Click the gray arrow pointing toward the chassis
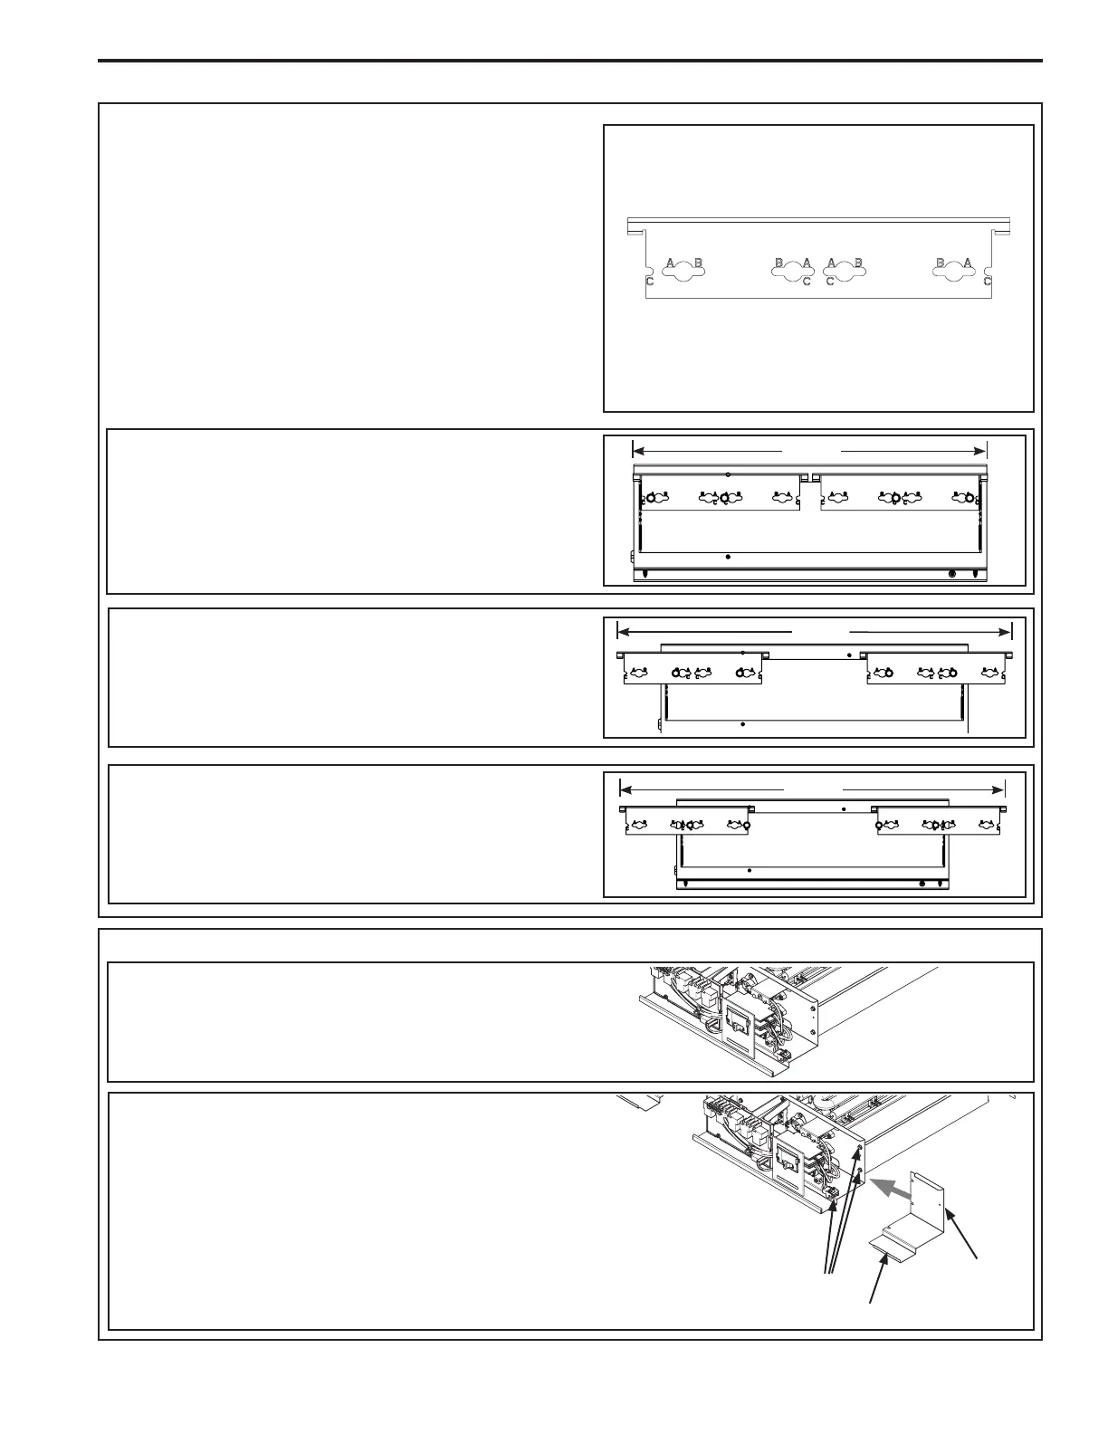coord(892,1186)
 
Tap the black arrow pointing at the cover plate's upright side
coord(962,1233)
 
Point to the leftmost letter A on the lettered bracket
coord(670,263)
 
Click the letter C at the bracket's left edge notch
coord(649,282)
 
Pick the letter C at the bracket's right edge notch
coord(988,282)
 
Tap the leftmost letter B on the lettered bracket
coord(698,263)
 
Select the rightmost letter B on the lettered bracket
coord(941,263)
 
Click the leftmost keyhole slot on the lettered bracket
coord(684,272)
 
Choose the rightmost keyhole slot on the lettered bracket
coord(954,272)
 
